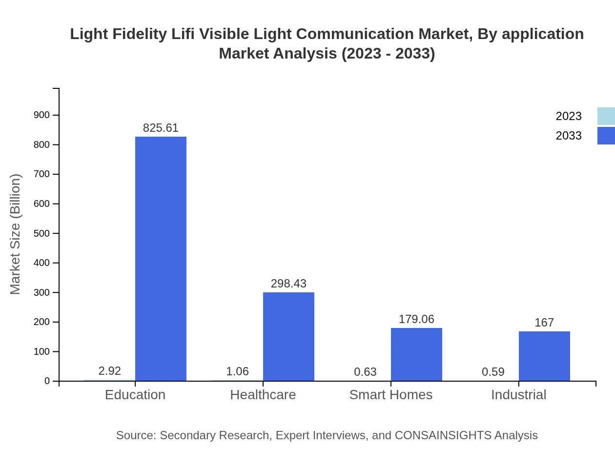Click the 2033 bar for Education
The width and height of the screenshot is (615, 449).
(161, 259)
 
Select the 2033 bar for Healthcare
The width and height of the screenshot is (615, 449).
(288, 337)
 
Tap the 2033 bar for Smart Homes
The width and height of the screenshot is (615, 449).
(416, 354)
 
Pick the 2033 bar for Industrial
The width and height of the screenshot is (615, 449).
(544, 356)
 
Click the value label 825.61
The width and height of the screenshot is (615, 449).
(161, 128)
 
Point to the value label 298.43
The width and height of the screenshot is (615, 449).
(288, 284)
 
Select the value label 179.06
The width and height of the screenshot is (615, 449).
(416, 319)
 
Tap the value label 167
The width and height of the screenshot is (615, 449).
(544, 323)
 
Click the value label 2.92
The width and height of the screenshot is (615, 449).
(110, 371)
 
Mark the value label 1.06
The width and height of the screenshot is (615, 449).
(238, 371)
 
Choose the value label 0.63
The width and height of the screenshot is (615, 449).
(366, 372)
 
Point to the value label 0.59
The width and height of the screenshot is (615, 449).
(493, 372)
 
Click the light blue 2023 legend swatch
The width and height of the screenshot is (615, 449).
(606, 116)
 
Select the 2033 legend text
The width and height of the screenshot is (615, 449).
(569, 136)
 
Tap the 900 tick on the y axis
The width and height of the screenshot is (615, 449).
(41, 115)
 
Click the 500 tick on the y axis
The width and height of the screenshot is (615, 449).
(41, 233)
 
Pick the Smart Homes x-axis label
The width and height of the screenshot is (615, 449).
(391, 395)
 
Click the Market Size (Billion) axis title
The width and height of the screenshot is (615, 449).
(16, 234)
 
